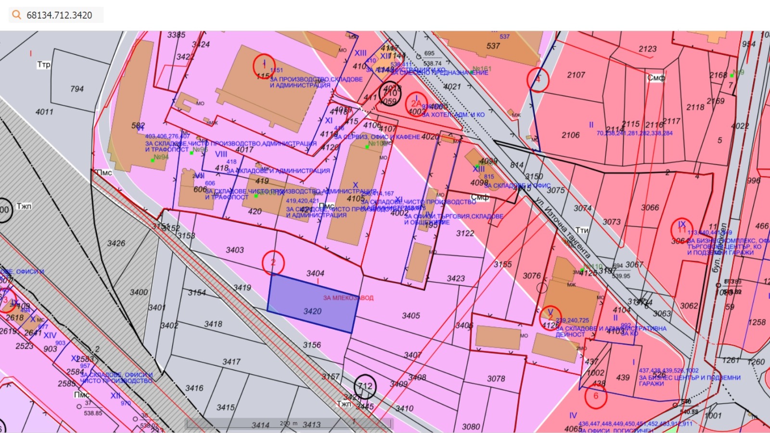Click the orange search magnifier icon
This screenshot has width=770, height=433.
[x=17, y=15]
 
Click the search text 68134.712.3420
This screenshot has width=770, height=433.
[x=59, y=15]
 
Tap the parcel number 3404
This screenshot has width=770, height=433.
[x=315, y=273]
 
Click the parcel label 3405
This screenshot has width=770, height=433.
[x=411, y=316]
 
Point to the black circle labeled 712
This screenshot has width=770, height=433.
[x=365, y=386]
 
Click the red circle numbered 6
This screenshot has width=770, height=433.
[x=595, y=396]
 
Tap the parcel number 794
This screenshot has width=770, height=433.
[x=77, y=89]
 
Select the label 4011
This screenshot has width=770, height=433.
[x=44, y=112]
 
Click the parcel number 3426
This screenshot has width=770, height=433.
[x=116, y=243]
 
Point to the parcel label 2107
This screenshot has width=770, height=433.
[x=576, y=75]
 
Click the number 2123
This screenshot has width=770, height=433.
[x=647, y=49]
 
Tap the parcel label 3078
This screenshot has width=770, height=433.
[x=496, y=379]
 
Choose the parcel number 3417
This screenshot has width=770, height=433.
[x=231, y=362]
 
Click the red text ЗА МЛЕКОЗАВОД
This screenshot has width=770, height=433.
[x=348, y=298]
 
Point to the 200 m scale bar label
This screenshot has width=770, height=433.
[x=289, y=423]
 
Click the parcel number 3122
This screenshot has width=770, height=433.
[x=465, y=233]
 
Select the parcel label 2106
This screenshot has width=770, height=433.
[x=571, y=135]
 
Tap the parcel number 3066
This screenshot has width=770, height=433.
[x=650, y=207]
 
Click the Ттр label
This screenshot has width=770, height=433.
[x=44, y=64]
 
